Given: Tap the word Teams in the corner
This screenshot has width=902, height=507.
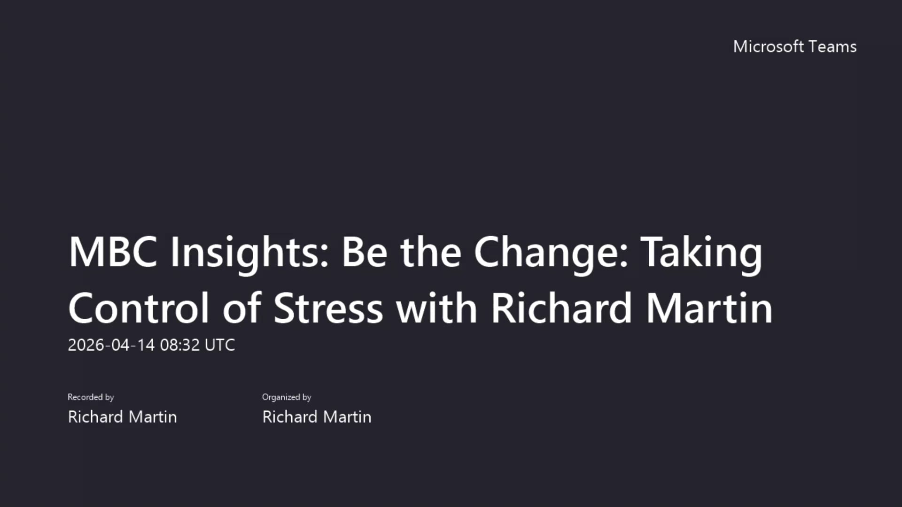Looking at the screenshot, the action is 833,46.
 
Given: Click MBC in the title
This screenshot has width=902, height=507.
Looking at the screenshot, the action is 113,252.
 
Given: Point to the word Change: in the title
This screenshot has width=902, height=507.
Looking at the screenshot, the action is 551,254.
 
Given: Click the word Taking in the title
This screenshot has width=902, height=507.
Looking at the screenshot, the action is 701,254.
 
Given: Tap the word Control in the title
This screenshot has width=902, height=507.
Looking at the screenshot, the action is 139,308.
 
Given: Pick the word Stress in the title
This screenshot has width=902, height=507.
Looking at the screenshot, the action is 328,308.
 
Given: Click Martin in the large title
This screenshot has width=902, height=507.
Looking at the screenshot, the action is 709,308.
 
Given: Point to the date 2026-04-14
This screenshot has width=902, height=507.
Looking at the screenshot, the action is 111,345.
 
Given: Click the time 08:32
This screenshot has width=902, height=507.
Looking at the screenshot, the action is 180,345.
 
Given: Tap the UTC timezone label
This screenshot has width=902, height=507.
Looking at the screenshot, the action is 220,345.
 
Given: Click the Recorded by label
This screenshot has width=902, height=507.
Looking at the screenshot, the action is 91,397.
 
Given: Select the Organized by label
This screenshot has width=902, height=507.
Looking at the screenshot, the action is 287,397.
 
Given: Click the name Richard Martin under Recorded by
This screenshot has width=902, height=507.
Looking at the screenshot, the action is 122,417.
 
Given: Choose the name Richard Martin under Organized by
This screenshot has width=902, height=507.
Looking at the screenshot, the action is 317,417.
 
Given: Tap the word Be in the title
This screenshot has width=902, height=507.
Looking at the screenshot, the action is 364,252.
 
